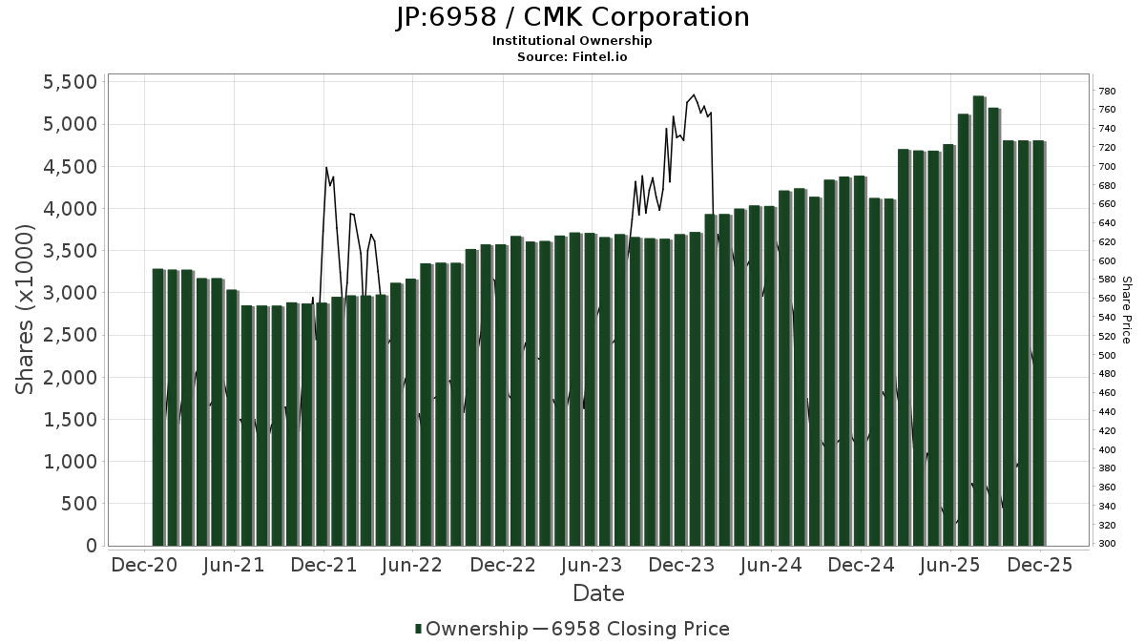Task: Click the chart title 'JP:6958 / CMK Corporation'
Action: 572,17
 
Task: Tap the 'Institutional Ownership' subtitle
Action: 572,41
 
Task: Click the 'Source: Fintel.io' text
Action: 572,57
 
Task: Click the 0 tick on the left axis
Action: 92,546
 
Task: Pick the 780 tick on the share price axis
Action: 1107,92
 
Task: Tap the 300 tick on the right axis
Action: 1107,544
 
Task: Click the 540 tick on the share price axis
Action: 1107,318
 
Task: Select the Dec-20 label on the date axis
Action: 144,565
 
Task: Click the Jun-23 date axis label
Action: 592,565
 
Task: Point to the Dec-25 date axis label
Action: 1040,565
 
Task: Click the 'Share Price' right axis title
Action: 1127,310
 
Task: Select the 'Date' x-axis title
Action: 598,593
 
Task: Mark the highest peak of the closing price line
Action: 694,94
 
